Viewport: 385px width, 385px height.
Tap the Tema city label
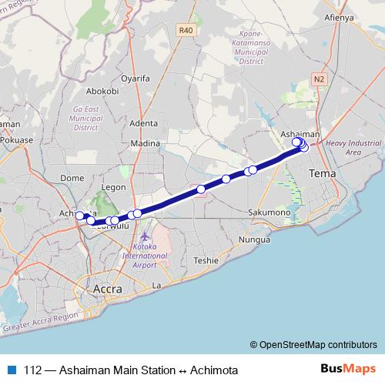pyautogui.click(x=320, y=175)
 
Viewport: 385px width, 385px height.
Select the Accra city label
pyautogui.click(x=107, y=289)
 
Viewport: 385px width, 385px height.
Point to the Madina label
pyautogui.click(x=145, y=143)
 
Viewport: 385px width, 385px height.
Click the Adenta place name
pyautogui.click(x=144, y=122)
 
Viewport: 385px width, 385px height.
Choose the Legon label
pyautogui.click(x=113, y=186)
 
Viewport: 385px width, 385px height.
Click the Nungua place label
pyautogui.click(x=253, y=240)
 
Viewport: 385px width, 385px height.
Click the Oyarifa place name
pyautogui.click(x=135, y=78)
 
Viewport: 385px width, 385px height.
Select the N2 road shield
pyautogui.click(x=320, y=79)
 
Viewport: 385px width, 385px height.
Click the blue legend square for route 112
pyautogui.click(x=11, y=370)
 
